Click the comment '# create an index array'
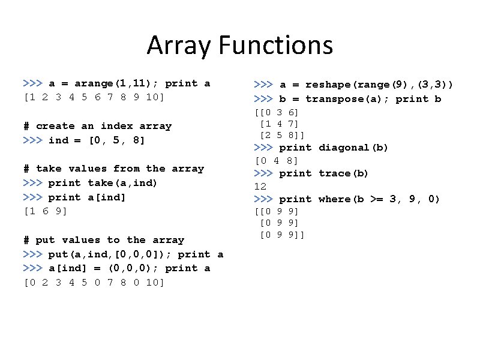click(x=97, y=126)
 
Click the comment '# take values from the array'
click(x=113, y=169)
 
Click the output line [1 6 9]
click(x=45, y=211)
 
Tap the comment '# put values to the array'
click(x=104, y=240)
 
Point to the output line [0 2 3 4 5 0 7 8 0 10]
click(x=94, y=282)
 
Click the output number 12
click(x=260, y=186)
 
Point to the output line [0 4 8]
click(x=277, y=160)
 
